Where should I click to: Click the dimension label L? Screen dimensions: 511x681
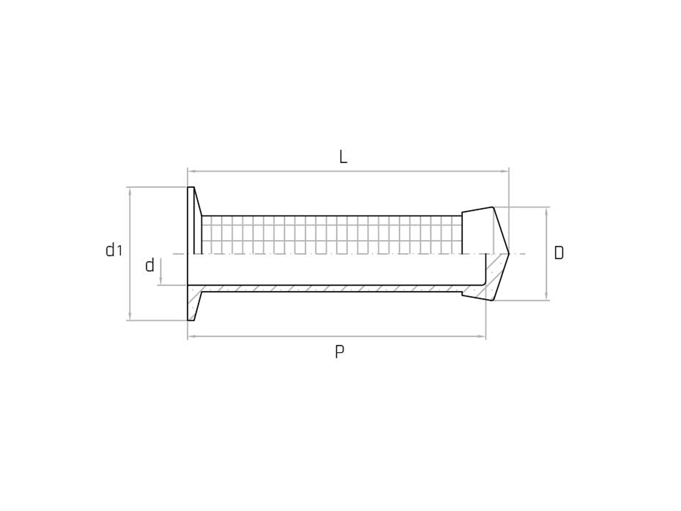343,157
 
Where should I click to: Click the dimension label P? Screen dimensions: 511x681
339,352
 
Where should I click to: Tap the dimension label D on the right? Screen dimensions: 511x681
559,253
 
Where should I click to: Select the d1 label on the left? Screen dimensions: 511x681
113,250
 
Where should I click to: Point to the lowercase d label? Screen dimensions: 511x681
150,265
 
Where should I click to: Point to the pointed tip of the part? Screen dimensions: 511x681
508,253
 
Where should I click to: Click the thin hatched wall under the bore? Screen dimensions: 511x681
331,289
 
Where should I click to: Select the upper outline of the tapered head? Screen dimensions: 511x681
477,210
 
